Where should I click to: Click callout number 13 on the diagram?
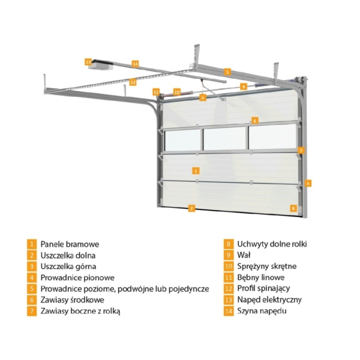coord(88,62)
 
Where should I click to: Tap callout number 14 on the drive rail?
coord(135,64)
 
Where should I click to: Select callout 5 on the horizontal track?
coord(227,72)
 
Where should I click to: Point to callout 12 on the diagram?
coord(133,82)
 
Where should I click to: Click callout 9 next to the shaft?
coord(244,86)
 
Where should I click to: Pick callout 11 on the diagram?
coord(156,92)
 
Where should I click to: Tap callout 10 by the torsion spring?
coord(177,92)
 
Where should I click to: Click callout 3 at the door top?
coord(203,98)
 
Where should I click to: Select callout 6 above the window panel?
coord(254,121)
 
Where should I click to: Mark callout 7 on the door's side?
coord(301,151)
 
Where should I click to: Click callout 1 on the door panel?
coord(196,171)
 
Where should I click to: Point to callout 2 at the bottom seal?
coord(191,208)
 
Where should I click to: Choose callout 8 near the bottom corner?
coord(293,208)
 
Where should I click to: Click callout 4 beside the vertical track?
coord(308,183)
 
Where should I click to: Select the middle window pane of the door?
coord(225,139)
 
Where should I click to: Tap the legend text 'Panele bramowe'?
coord(70,244)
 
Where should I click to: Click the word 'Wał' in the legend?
coord(244,255)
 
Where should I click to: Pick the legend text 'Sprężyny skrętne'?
coord(267,266)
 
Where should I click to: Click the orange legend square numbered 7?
coord(32,311)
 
